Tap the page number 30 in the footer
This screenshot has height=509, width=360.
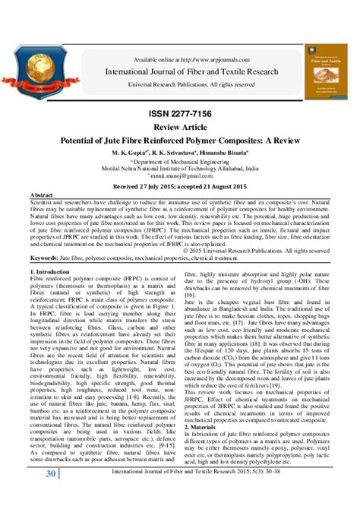point(52,495)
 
